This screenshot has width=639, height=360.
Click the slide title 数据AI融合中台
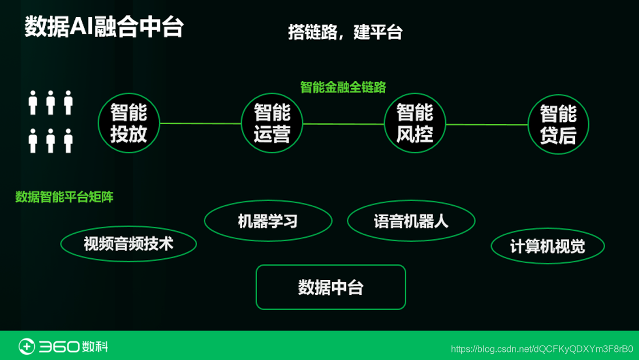tap(104, 27)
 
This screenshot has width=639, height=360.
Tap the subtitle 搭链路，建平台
tap(345, 32)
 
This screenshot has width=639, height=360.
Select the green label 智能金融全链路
tap(343, 87)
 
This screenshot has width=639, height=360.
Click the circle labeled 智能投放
tap(129, 123)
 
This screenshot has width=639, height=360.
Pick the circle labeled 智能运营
tap(272, 123)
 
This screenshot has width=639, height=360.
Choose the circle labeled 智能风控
tap(414, 123)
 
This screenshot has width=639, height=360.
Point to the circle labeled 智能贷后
tap(558, 125)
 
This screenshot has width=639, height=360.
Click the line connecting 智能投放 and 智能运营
tap(200, 123)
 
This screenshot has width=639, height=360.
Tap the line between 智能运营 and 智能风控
tap(343, 123)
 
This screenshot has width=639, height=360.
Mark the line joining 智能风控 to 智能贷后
tap(486, 124)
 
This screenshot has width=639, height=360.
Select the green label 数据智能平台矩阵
tap(64, 197)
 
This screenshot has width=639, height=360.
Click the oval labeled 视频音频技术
tap(129, 244)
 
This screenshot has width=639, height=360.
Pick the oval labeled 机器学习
tap(268, 221)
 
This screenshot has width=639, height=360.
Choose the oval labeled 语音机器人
tap(411, 221)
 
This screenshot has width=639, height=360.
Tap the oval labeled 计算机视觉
tap(548, 246)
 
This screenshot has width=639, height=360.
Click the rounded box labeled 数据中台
tap(330, 287)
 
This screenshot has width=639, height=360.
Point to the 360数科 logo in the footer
tap(63, 346)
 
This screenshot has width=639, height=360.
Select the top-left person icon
tap(33, 102)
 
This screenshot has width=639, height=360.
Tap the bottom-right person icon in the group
tap(68, 141)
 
